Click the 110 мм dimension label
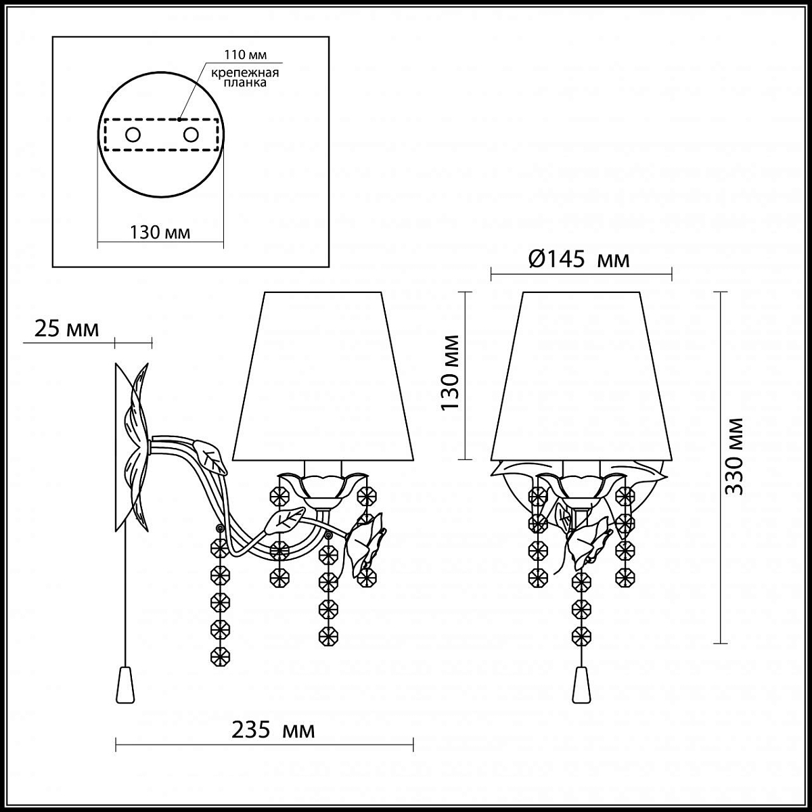245,55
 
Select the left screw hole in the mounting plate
133,135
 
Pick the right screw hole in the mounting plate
190,135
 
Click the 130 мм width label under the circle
160,232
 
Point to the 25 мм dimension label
66,329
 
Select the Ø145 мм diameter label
579,259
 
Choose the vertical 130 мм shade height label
449,372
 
